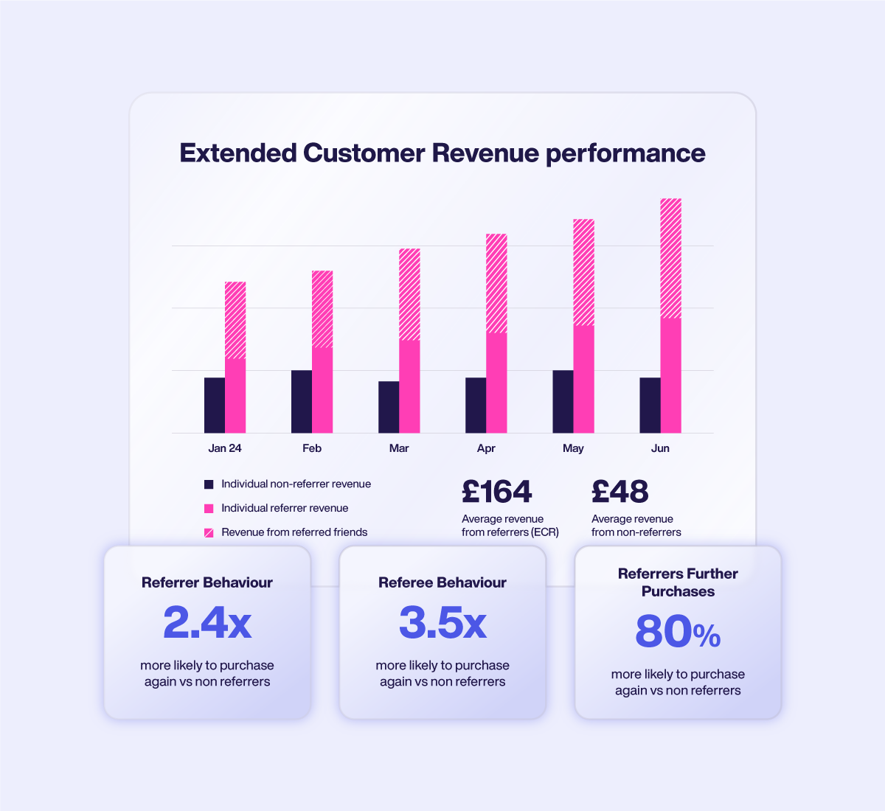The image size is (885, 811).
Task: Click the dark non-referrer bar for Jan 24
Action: [215, 405]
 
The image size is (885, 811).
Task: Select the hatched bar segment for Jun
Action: [670, 258]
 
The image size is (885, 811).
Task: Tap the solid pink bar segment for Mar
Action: [409, 386]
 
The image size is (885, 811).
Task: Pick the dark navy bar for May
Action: [563, 401]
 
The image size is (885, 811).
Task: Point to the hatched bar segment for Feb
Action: [322, 309]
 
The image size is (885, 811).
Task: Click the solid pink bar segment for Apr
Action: [496, 383]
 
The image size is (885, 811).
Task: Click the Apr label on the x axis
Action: [486, 448]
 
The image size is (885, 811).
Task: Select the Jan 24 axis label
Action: [225, 448]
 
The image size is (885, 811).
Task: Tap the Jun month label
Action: [660, 448]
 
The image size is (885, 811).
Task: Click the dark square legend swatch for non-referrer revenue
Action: [209, 484]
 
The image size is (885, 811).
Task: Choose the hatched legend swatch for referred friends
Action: [209, 532]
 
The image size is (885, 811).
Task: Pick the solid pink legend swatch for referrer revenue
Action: [209, 508]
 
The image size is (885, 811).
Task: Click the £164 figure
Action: [496, 492]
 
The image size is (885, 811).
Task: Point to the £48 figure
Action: [619, 492]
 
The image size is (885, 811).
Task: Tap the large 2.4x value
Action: [207, 623]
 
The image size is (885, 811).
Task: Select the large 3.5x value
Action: [442, 623]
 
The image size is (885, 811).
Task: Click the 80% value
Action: [678, 632]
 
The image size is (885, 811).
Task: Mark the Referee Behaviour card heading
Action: [442, 582]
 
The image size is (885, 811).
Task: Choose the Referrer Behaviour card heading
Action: [207, 582]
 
